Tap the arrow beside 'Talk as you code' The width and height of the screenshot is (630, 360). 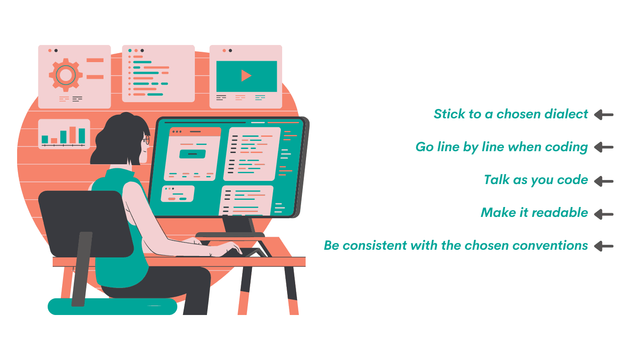pyautogui.click(x=604, y=181)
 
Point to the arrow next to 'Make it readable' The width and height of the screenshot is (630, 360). pyautogui.click(x=604, y=215)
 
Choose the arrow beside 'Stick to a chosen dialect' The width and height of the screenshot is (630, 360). pyautogui.click(x=604, y=115)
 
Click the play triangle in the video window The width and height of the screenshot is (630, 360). pyautogui.click(x=246, y=76)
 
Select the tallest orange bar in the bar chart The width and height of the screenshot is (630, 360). pyautogui.click(x=72, y=135)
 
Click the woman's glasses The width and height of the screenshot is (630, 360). pyautogui.click(x=147, y=140)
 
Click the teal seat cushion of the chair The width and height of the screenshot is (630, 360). pyautogui.click(x=112, y=306)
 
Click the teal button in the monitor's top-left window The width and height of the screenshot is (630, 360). pyautogui.click(x=193, y=154)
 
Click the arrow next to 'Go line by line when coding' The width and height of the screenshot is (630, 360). pyautogui.click(x=604, y=147)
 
